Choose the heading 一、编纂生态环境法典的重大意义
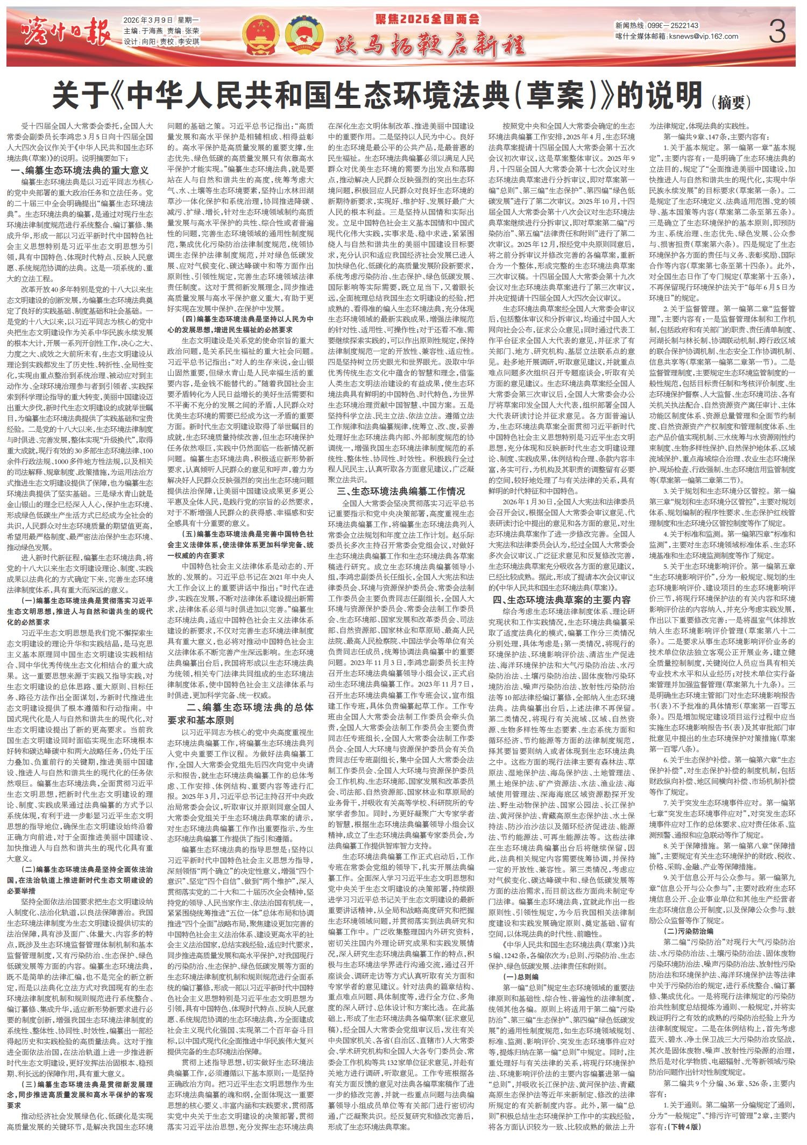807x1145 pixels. (79, 170)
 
